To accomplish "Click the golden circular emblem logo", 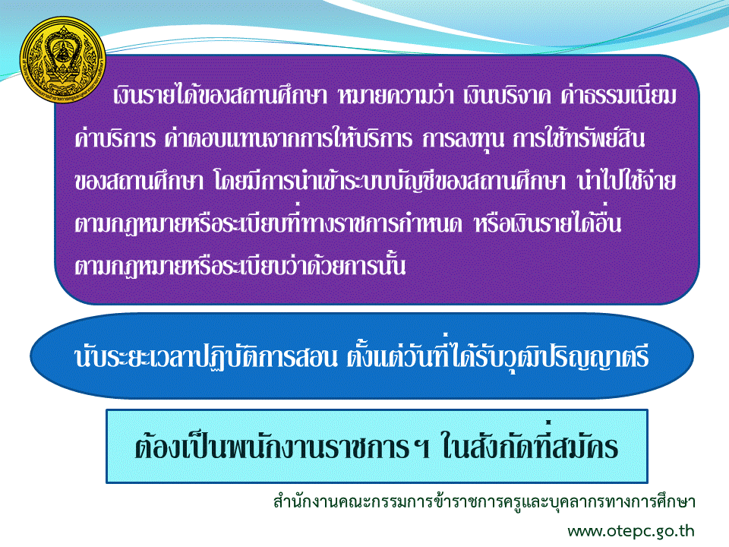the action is point(63,60).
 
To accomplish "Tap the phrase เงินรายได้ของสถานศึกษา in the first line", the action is point(220,95).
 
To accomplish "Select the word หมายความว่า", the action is point(396,96).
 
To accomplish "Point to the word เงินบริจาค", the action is point(507,96).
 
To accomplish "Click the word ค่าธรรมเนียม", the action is point(619,96).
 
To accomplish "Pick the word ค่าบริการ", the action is point(115,138).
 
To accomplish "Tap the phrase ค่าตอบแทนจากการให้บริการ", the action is point(289,138).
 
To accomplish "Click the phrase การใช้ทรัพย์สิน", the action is point(579,138).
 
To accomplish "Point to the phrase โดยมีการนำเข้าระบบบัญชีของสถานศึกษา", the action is point(390,182).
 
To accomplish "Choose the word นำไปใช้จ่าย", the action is point(626,180).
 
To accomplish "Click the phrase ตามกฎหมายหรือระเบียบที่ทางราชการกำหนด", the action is point(269,223).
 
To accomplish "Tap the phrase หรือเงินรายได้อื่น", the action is point(548,222).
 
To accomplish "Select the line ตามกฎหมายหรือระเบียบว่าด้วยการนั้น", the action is point(240,266).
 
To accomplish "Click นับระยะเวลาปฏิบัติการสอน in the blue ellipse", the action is point(206,357).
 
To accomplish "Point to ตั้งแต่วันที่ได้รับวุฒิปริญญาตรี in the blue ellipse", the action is point(497,356).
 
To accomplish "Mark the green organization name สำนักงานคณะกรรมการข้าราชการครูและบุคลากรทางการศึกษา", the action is point(484,501).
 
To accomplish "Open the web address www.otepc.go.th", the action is point(631,531).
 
